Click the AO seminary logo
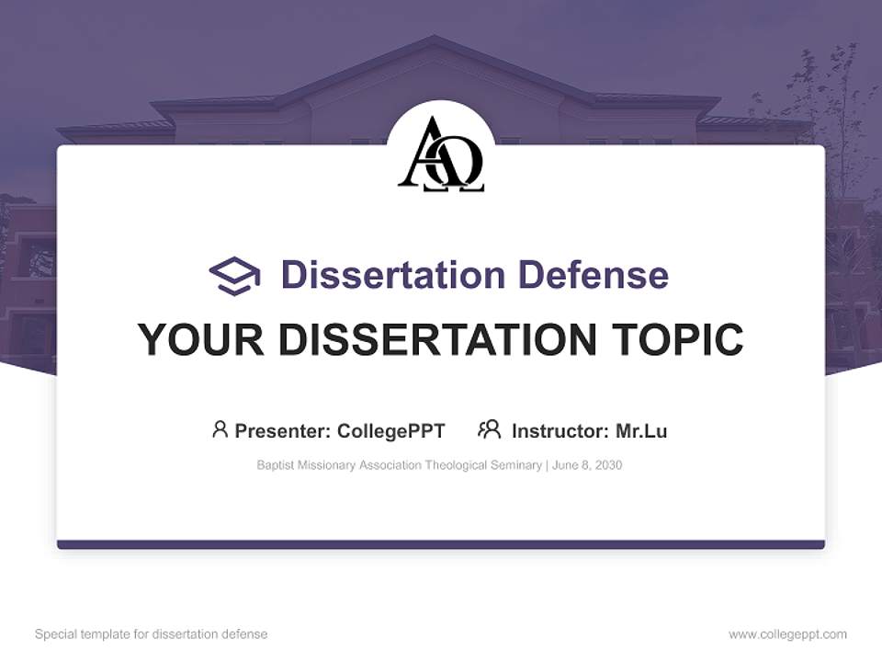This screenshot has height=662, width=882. tap(441, 154)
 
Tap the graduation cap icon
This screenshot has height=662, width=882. tap(234, 276)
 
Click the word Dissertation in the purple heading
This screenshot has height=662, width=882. tap(392, 275)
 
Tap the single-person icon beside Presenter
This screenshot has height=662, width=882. tap(220, 429)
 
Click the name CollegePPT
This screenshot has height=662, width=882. tap(391, 431)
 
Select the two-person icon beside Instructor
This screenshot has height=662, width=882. tap(490, 429)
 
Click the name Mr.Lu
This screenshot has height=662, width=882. tap(641, 431)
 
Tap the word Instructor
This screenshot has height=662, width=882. tap(560, 431)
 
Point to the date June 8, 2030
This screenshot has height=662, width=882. tap(587, 465)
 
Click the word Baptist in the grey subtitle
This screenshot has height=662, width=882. tap(276, 465)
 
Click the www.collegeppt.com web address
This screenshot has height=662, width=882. tap(787, 634)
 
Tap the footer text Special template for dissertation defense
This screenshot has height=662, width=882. tap(151, 634)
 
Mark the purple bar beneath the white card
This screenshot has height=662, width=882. tap(441, 545)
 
